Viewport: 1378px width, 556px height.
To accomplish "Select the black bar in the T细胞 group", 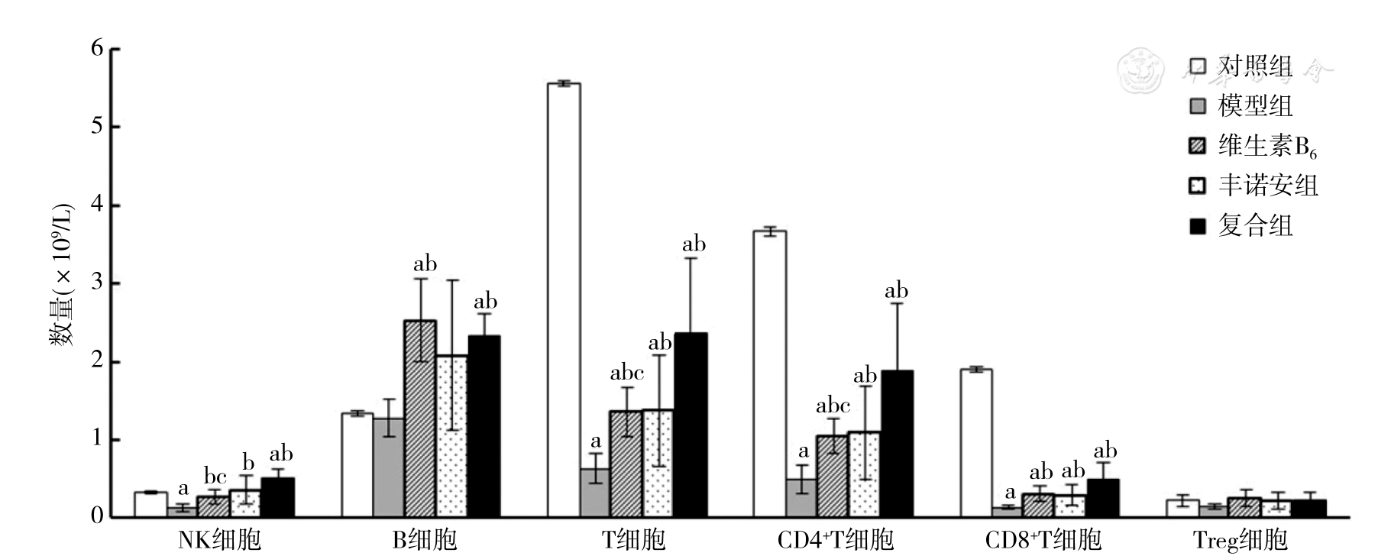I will coord(691,425).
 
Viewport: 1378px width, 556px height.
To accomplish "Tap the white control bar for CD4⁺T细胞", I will coord(770,373).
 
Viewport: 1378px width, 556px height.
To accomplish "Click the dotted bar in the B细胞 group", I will coord(451,436).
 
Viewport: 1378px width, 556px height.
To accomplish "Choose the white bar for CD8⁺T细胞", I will coord(976,443).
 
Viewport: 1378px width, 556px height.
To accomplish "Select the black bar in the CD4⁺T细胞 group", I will coord(897,444).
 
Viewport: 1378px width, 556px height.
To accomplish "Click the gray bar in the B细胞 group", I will coord(389,467).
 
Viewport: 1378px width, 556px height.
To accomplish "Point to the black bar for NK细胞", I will coord(278,497).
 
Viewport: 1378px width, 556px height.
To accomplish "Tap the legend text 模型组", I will coord(1255,105).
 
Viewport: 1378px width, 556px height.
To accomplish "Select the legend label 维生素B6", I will coord(1267,146).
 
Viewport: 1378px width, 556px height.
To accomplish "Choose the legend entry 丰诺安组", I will coord(1268,186).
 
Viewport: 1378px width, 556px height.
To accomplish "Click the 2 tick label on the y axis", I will coord(97,361).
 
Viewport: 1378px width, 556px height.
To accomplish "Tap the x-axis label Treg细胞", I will coord(1240,541).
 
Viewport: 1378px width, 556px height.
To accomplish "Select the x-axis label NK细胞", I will coord(219,541).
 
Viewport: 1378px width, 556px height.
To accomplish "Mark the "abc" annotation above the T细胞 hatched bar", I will coord(626,373).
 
